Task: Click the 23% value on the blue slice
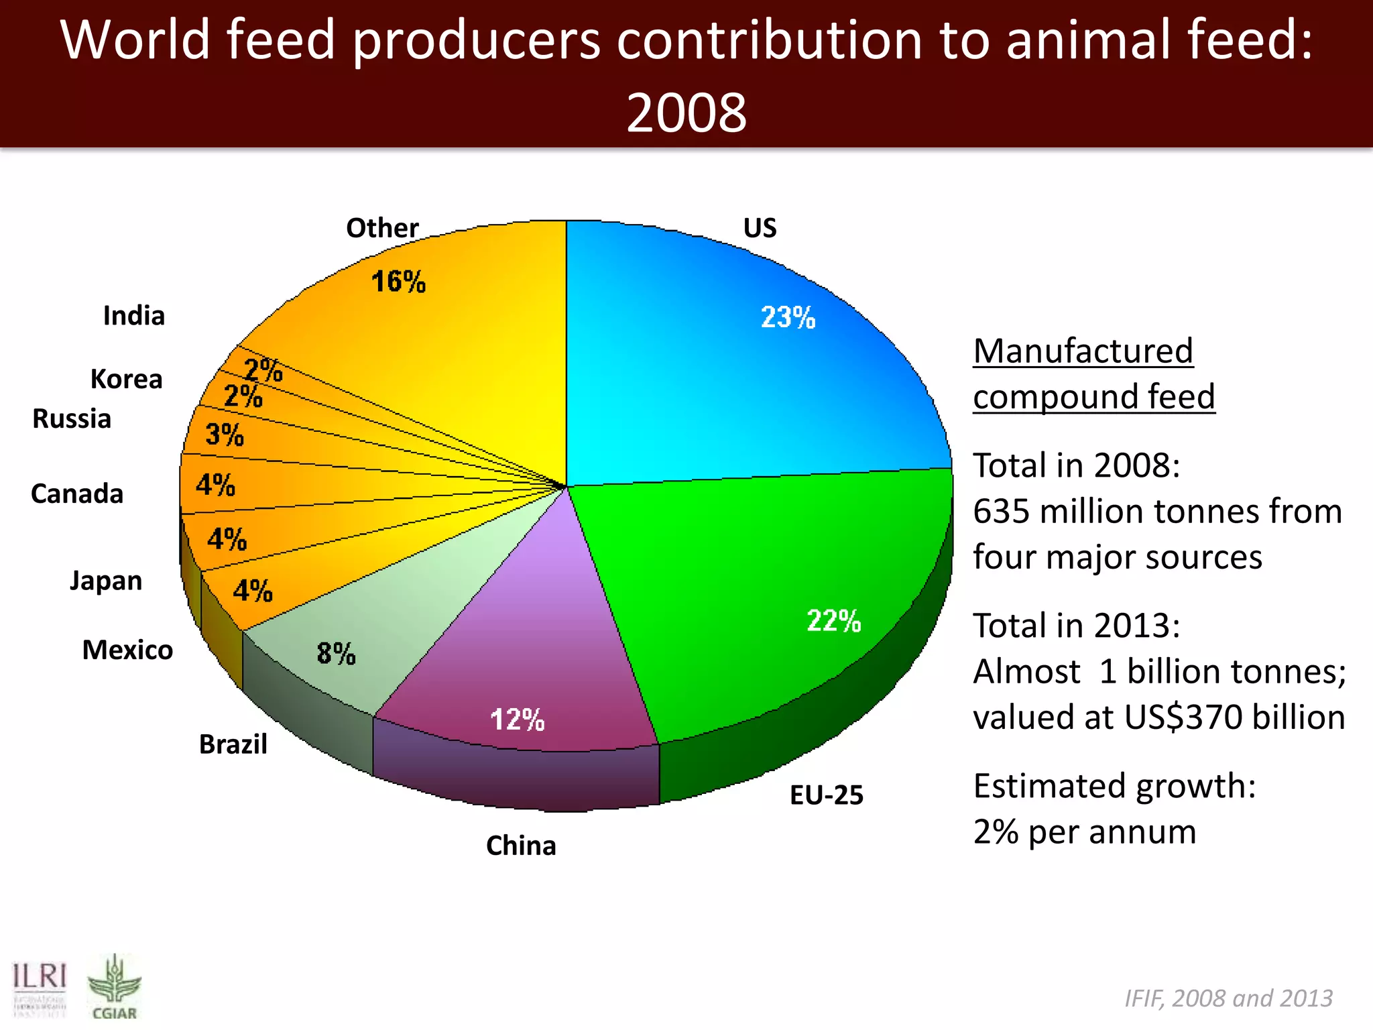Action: (788, 317)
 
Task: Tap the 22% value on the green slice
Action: (833, 620)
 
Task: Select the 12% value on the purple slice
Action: (517, 720)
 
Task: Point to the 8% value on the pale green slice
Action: (336, 653)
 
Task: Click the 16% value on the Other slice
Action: (398, 281)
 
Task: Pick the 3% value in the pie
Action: (225, 435)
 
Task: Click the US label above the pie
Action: (760, 228)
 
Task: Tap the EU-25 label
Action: (826, 795)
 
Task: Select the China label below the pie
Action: (521, 846)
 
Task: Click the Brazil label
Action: (233, 744)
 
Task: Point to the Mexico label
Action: (127, 650)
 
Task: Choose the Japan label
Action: (106, 581)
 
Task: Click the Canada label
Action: (77, 494)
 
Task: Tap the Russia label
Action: (72, 418)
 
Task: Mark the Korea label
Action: (126, 379)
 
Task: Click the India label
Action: (133, 315)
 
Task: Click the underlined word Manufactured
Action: (1083, 351)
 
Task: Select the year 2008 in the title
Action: (686, 112)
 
